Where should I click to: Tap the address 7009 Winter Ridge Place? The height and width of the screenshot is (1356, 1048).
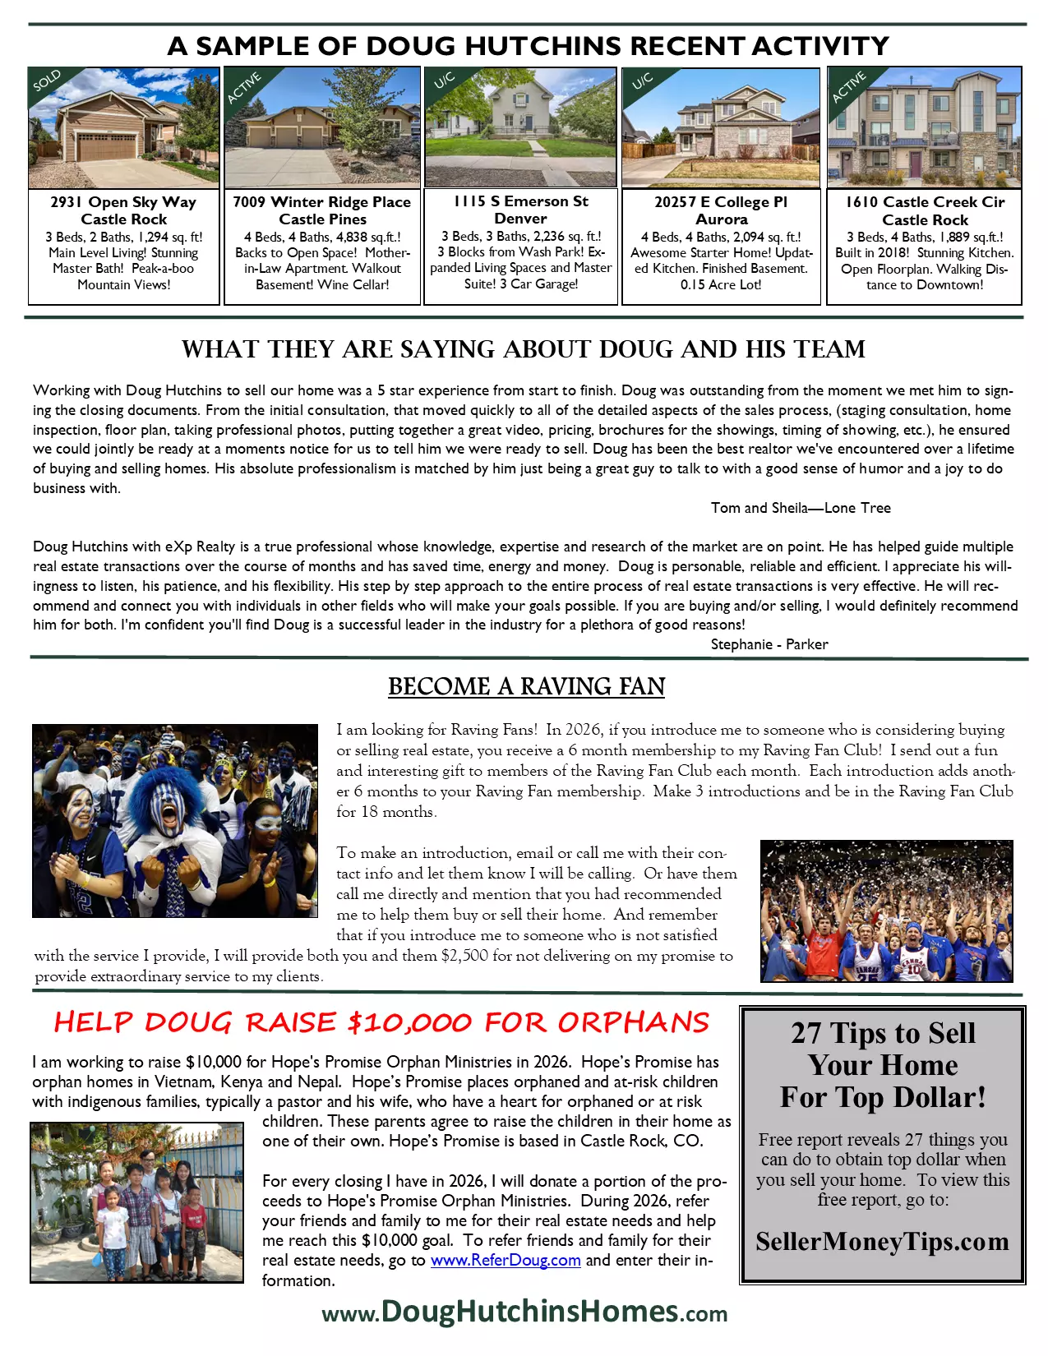coord(321,202)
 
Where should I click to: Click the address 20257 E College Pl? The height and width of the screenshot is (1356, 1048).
coord(721,202)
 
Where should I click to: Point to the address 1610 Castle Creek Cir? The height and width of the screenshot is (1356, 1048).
coord(925,202)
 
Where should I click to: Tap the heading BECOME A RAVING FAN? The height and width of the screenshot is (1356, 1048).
coord(526,686)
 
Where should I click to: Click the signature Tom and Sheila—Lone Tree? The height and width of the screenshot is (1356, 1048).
coord(801,508)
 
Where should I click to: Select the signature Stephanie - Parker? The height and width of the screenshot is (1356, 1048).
coord(769,644)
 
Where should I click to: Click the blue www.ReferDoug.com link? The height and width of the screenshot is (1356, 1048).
coord(506,1260)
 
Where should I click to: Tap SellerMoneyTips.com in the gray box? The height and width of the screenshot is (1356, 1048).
coord(882,1241)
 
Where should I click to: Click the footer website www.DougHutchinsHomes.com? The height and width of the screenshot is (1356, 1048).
coord(524,1312)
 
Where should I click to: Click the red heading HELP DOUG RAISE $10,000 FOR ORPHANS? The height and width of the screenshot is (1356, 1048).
coord(381,1022)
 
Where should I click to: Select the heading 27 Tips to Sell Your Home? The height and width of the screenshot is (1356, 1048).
coord(883,1064)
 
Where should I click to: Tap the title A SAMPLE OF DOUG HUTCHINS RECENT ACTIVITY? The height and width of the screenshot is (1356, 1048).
coord(528,46)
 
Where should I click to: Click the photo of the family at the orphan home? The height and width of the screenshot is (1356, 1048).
coord(136,1201)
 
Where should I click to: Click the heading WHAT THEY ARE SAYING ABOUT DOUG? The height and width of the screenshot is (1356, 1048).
coord(524,349)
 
